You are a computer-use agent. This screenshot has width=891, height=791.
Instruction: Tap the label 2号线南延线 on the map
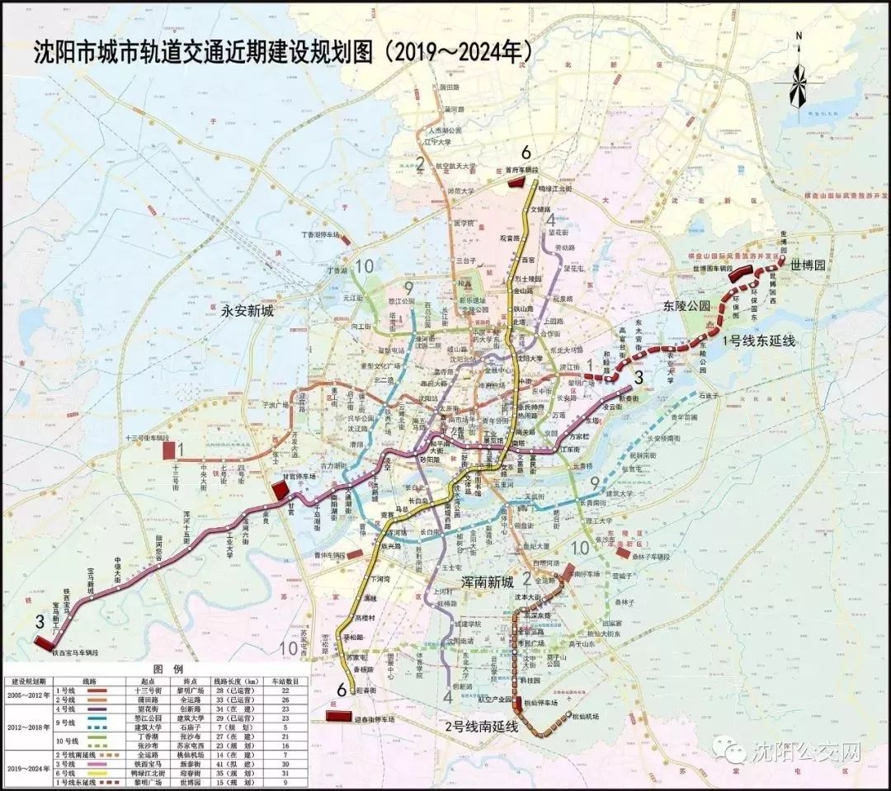point(480,726)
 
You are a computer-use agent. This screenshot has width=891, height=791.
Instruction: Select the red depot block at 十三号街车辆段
point(168,450)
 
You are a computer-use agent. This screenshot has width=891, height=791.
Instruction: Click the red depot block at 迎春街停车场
point(337,715)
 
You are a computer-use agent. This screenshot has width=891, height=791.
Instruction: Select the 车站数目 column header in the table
point(283,682)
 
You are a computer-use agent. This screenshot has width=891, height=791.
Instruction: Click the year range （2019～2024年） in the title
point(455,51)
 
